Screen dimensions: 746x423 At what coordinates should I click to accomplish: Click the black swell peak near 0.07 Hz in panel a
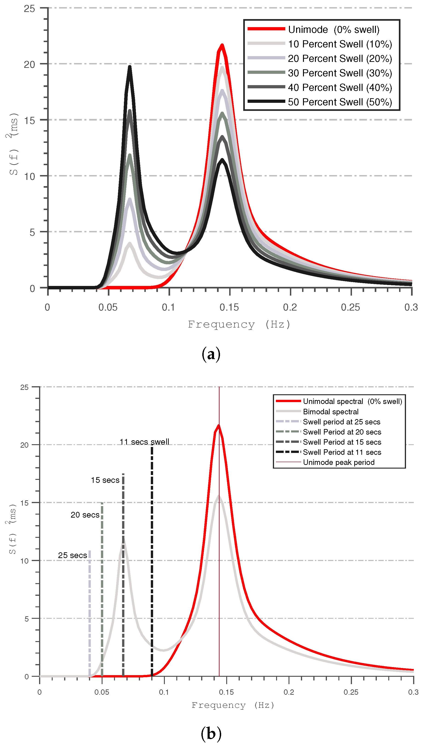pyautogui.click(x=130, y=67)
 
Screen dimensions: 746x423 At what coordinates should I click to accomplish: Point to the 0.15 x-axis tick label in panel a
pyautogui.click(x=229, y=307)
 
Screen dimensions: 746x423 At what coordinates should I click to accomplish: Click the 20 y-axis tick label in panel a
pyautogui.click(x=29, y=64)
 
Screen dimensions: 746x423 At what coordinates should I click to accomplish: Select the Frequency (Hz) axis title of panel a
pyautogui.click(x=239, y=324)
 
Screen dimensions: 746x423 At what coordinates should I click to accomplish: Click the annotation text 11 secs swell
pyautogui.click(x=144, y=442)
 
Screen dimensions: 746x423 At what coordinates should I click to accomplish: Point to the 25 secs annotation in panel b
pyautogui.click(x=72, y=555)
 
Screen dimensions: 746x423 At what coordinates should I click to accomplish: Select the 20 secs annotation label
pyautogui.click(x=85, y=515)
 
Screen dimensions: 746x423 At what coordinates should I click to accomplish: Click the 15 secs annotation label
pyautogui.click(x=105, y=480)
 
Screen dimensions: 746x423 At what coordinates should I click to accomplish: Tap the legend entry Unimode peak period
pyautogui.click(x=338, y=462)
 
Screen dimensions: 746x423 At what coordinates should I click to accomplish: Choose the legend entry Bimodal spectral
pyautogui.click(x=331, y=412)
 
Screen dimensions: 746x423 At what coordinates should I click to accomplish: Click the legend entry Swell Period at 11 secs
pyautogui.click(x=342, y=452)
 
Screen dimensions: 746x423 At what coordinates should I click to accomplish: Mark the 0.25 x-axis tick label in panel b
pyautogui.click(x=351, y=692)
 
